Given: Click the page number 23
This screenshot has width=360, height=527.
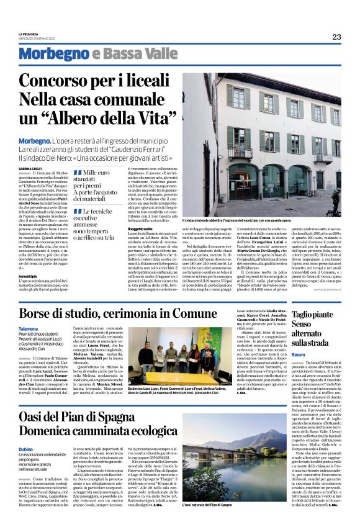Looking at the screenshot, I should pyautogui.click(x=336, y=37).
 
